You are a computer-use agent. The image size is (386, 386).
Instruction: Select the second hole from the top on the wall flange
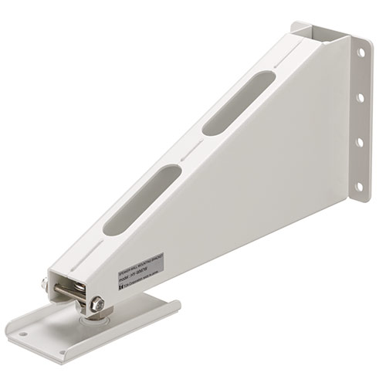coord(360,99)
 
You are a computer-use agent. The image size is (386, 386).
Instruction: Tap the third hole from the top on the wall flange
coord(358,142)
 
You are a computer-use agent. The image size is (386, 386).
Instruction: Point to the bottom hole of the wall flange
coord(357,186)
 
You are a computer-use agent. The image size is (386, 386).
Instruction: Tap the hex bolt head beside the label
coord(98,305)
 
